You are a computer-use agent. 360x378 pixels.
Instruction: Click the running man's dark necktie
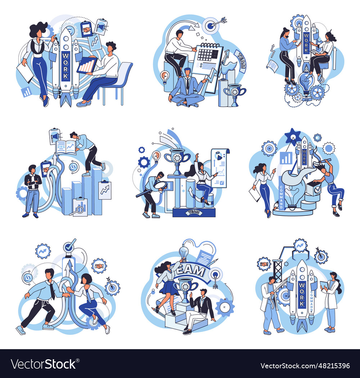pos(52,290)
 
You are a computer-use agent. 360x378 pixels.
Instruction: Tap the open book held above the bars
pos(66,147)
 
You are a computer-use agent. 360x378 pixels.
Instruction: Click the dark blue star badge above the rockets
pos(293,136)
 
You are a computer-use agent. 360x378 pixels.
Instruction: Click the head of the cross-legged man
pos(186,72)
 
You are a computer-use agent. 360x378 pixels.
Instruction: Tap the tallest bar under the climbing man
pos(96,191)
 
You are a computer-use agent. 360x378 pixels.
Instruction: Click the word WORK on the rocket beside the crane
pos(302,295)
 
